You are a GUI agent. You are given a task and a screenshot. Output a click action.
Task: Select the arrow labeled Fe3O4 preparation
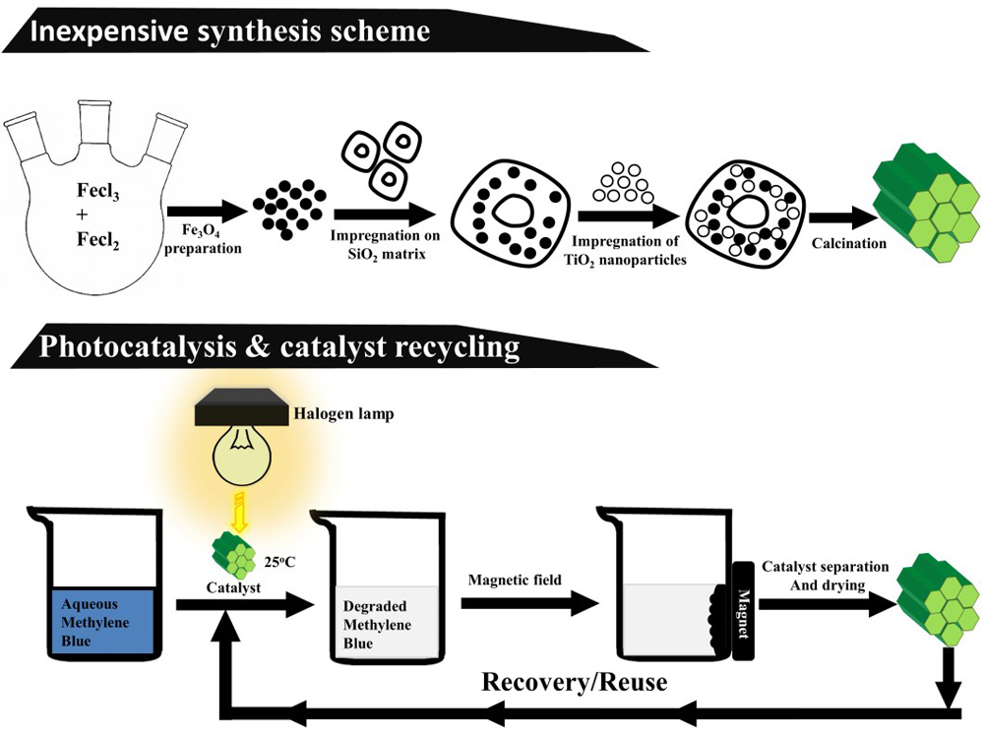[210, 210]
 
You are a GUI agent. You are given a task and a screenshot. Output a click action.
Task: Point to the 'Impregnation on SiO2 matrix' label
[385, 245]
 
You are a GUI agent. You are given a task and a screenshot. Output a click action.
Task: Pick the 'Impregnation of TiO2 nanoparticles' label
[627, 253]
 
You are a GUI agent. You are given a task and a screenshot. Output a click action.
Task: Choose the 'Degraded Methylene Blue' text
[373, 625]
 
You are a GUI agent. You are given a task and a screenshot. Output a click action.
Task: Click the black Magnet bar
[743, 610]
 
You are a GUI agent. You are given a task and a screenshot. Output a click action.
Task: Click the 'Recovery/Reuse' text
[575, 681]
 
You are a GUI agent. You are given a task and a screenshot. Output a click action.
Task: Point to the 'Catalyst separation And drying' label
[826, 577]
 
